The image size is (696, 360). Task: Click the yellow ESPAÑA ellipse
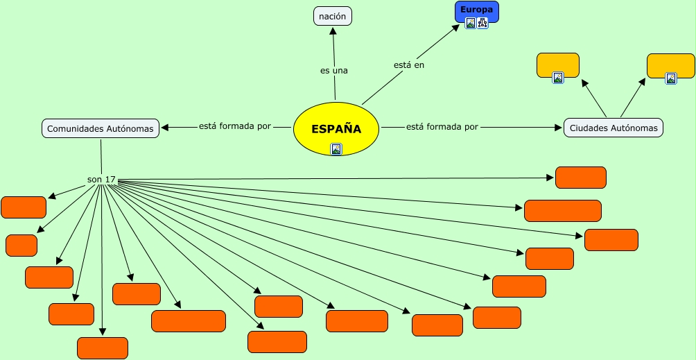coord(336,129)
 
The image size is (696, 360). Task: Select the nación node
coord(333,16)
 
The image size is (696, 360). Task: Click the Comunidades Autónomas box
coord(101,128)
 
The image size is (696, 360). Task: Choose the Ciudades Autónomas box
coord(614,128)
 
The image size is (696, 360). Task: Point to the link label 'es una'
coord(334,70)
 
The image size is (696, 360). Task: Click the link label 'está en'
coord(409,65)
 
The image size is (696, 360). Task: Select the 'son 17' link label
coord(101,180)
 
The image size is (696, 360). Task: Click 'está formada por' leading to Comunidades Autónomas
coord(235,127)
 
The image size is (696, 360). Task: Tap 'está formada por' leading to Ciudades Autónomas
coord(442,127)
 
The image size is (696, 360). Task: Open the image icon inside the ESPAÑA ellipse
coord(336,148)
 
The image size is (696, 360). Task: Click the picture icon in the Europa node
coord(471,23)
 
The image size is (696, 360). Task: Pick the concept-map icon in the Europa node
coord(482,23)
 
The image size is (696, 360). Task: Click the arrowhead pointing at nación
coord(333,30)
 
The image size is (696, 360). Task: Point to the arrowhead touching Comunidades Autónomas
coord(164,127)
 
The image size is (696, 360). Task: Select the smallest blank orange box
coord(21,246)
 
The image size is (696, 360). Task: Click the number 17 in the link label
coord(110,180)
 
